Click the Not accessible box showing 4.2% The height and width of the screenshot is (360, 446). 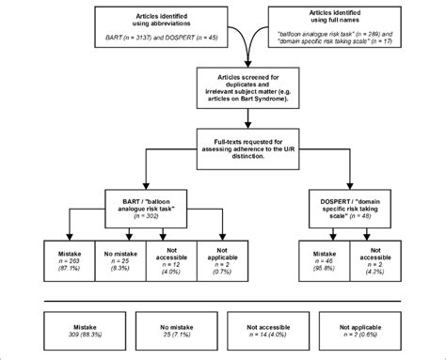(x=374, y=259)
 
